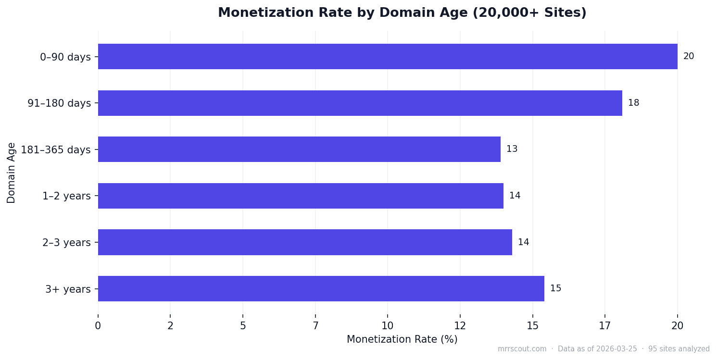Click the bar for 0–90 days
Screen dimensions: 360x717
(x=387, y=57)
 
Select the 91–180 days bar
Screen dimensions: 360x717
(x=360, y=103)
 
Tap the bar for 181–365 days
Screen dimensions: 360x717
(x=299, y=149)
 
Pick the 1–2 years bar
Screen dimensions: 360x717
(x=301, y=196)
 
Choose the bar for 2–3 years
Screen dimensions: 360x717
(x=305, y=242)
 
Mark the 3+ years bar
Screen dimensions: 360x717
(x=321, y=288)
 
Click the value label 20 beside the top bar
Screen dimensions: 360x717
(x=688, y=57)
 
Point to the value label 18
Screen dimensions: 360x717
(x=633, y=103)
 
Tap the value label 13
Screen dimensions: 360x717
(x=512, y=149)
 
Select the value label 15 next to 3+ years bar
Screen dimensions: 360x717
(x=555, y=288)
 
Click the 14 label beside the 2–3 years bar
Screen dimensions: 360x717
(x=523, y=242)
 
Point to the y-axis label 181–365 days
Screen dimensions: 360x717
(x=56, y=150)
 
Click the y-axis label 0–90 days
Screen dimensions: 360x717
(x=65, y=57)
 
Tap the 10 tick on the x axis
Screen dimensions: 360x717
(x=388, y=326)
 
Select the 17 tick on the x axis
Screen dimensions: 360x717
(x=604, y=326)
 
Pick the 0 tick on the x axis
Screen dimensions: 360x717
(x=98, y=326)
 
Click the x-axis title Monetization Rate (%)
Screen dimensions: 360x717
(x=402, y=339)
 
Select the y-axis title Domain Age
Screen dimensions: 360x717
(x=12, y=173)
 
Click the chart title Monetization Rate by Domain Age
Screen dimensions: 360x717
(x=402, y=13)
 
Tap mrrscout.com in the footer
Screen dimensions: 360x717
(x=522, y=349)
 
